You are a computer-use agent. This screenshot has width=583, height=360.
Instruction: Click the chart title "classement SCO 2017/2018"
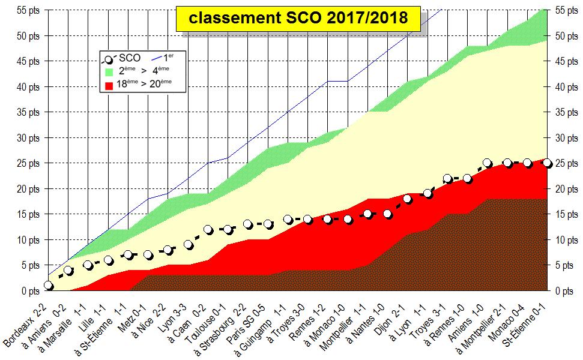coord(298,19)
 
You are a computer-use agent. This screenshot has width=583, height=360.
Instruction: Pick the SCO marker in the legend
coord(109,59)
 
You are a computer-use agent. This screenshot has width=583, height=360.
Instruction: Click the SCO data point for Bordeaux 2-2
coord(49,286)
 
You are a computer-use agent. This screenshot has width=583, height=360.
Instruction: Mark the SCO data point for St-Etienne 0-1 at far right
coord(547,163)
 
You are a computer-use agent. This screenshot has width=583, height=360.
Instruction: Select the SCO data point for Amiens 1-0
coord(487,163)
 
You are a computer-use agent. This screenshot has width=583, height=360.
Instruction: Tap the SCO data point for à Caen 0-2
coord(208,230)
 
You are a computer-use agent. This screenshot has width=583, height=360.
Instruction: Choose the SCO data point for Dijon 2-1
coord(408,199)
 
